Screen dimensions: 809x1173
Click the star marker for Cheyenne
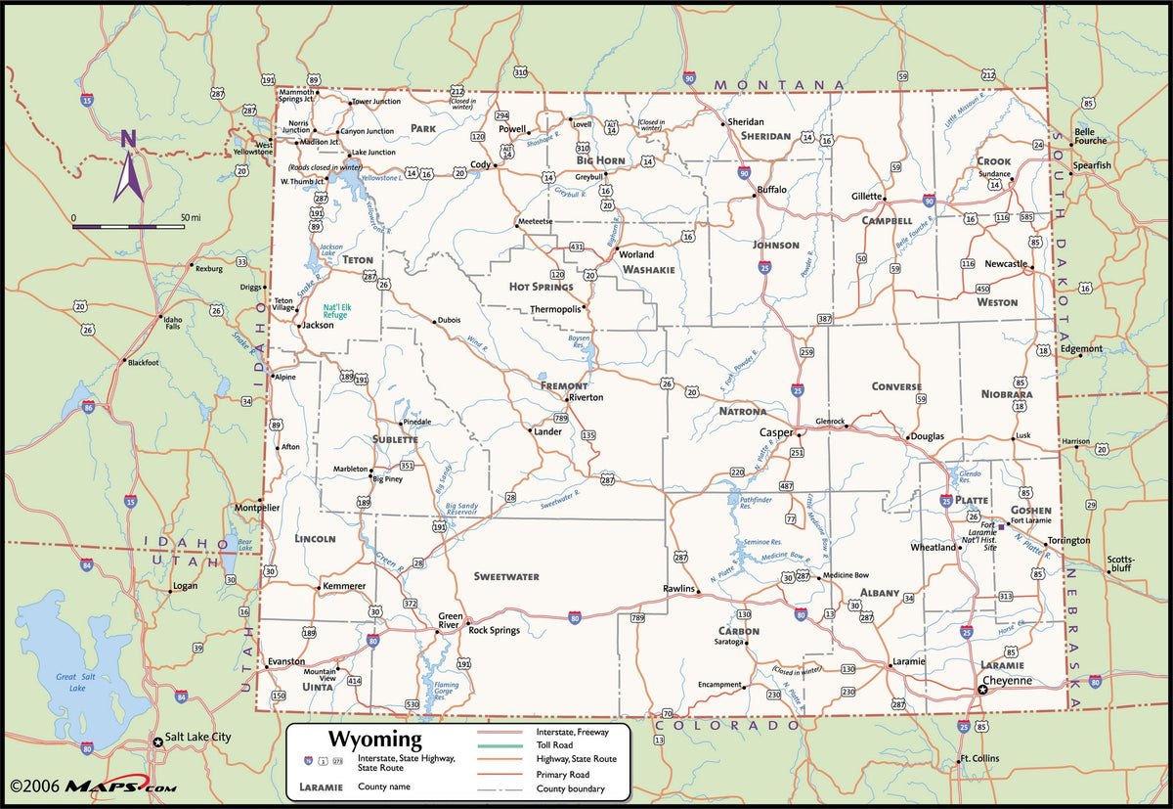coord(982,690)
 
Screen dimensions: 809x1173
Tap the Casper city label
coord(776,431)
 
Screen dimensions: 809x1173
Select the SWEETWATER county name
coord(506,577)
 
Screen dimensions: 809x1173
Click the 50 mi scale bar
coord(128,226)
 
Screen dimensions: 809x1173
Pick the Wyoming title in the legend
coord(374,740)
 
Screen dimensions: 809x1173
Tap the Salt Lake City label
coord(197,737)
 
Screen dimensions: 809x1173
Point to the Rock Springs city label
coord(494,630)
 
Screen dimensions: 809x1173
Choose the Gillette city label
coord(865,197)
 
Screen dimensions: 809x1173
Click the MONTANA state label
coord(778,85)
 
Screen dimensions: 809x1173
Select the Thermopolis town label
coord(555,309)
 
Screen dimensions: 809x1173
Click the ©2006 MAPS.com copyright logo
coord(94,786)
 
